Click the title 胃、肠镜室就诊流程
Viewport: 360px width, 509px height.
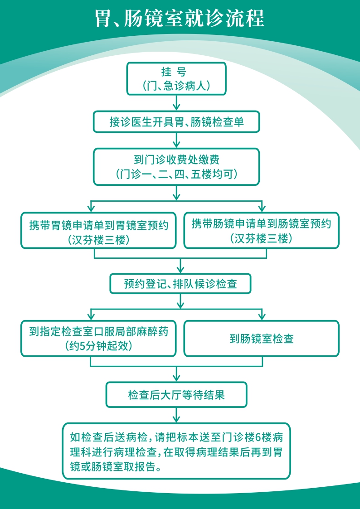coord(180,19)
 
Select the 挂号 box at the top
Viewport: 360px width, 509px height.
coord(176,79)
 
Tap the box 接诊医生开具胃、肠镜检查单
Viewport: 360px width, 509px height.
coord(176,122)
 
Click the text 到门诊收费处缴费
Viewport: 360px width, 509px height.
coord(176,160)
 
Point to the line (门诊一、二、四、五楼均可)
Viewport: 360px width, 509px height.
coord(176,175)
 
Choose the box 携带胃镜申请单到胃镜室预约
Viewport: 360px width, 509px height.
coord(99,231)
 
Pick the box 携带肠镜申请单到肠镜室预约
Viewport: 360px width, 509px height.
coord(261,231)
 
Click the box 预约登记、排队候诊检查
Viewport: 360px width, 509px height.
coord(180,284)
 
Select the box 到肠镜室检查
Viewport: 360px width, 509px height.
coord(261,339)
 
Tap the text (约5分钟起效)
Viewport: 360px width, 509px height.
coord(99,346)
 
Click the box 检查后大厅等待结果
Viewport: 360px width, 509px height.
coord(176,395)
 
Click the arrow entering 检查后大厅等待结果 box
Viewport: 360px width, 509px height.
coord(176,374)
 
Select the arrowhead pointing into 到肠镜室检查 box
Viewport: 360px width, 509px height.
coord(262,317)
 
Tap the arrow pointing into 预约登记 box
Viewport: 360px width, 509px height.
coord(180,266)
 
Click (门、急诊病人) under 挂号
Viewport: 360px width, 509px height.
coord(176,86)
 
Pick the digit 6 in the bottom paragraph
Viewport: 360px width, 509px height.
coord(258,437)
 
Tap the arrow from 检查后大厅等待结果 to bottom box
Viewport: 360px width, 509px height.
coord(176,415)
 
